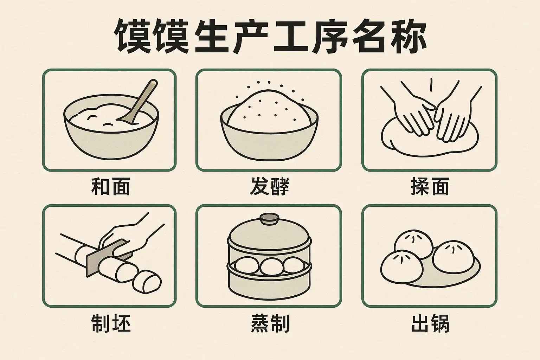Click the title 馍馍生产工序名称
pyautogui.click(x=270, y=37)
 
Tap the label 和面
pyautogui.click(x=111, y=186)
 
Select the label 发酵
pyautogui.click(x=269, y=186)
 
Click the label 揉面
pyautogui.click(x=430, y=186)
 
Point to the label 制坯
pyautogui.click(x=111, y=323)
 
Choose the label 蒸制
pyautogui.click(x=270, y=323)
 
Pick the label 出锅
pyautogui.click(x=430, y=323)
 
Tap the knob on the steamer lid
pyautogui.click(x=270, y=218)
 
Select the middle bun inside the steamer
pyautogui.click(x=271, y=266)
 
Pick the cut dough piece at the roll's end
pyautogui.click(x=147, y=281)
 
